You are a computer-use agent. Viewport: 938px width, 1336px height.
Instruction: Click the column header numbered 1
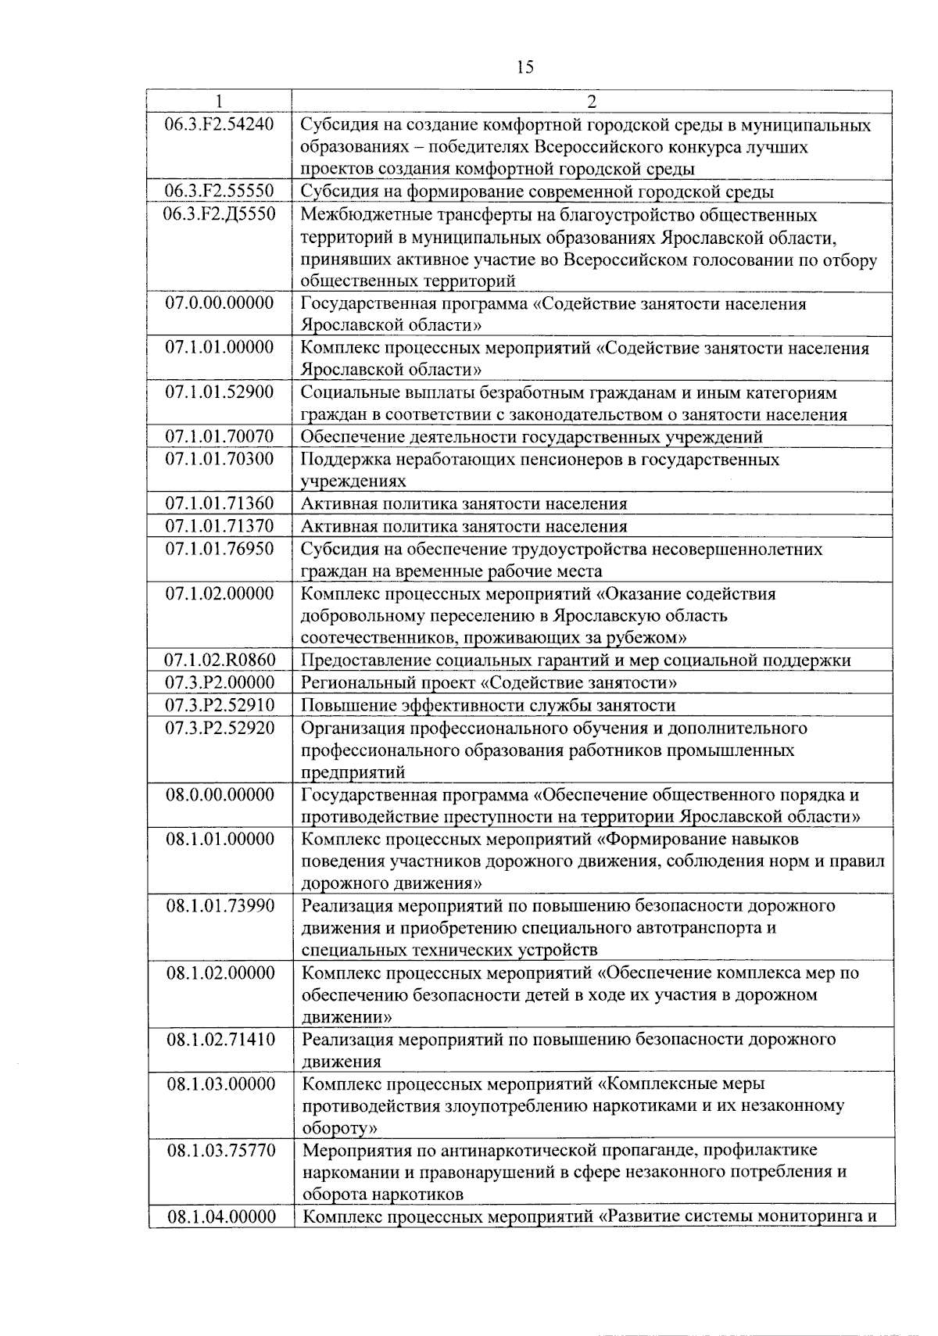pos(220,101)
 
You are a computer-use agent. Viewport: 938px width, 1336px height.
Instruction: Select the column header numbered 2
pos(592,102)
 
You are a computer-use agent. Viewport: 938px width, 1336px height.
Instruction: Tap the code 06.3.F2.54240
pos(220,124)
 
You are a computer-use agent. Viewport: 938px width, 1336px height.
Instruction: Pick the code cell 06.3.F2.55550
pos(220,192)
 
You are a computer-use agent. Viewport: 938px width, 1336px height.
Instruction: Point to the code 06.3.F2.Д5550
pos(220,213)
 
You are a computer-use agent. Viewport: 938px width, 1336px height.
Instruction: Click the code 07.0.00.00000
pos(220,303)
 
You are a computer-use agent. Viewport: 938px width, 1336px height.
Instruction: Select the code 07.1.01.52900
pos(220,392)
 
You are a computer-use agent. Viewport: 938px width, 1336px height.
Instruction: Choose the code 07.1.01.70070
pos(220,436)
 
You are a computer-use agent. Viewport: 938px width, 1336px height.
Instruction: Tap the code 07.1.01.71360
pos(220,503)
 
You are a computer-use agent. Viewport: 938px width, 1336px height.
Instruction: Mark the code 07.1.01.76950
pos(220,549)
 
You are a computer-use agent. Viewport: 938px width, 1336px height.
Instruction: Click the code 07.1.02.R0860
pos(220,661)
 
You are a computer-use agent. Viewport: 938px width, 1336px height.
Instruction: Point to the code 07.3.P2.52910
pos(220,705)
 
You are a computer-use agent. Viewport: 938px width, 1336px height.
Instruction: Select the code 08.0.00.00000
pos(220,795)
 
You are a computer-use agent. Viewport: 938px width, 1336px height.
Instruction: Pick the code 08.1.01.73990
pos(220,906)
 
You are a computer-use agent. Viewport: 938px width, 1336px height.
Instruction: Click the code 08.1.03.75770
pos(220,1150)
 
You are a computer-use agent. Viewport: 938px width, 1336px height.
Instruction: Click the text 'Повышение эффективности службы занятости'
pos(489,706)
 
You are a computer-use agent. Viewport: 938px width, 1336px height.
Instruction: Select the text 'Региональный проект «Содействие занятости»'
pos(489,683)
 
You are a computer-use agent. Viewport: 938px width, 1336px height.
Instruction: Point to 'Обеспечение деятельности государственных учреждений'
pos(532,437)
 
